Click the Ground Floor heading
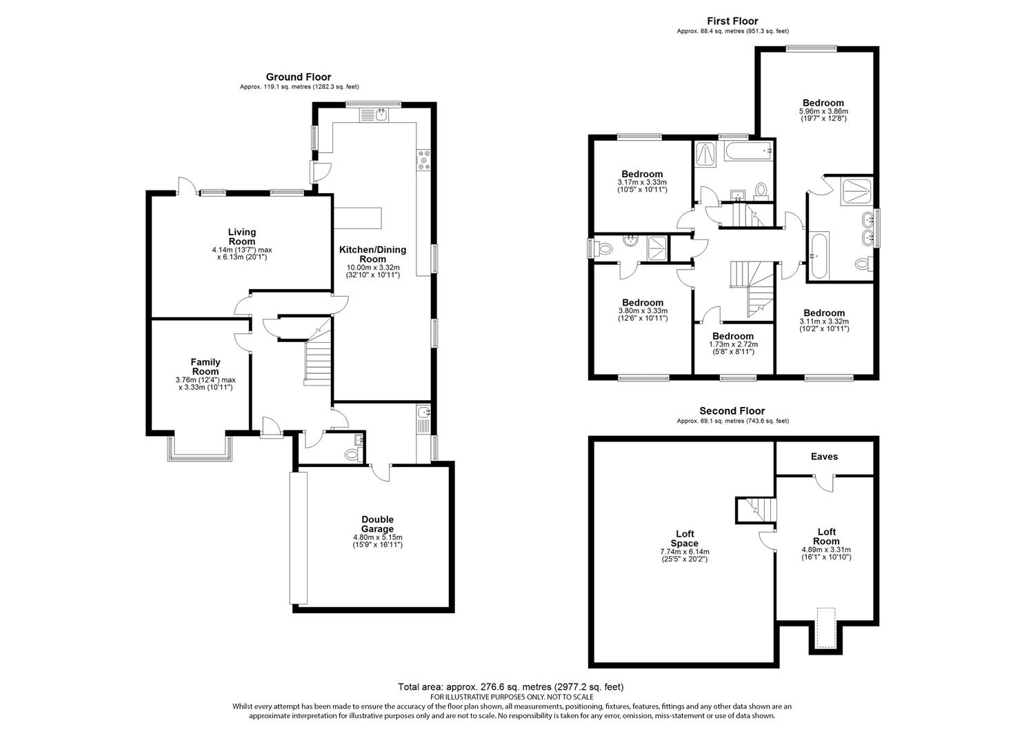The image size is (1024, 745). pos(298,77)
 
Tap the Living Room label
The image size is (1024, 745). pos(242,237)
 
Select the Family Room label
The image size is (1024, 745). pos(205,366)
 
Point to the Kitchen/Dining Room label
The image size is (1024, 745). pos(372,254)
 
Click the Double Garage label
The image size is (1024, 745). pos(377,524)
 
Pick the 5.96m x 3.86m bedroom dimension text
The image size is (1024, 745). pos(823,111)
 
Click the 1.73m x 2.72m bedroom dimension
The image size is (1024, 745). pos(733,344)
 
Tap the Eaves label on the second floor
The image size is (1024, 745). pos(824,457)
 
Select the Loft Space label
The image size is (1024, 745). pos(684,538)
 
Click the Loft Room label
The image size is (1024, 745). pos(827,537)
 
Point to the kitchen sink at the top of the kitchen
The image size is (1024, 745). pos(374,115)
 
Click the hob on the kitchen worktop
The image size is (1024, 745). pos(424,160)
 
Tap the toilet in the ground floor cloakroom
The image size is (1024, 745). pos(353,454)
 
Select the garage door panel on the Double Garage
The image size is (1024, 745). pos(299,538)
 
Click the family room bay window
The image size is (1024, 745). pos(200,448)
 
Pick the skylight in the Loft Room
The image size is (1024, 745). pos(825,628)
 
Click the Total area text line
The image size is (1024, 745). pos(511,686)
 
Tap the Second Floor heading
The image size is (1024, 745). pos(732,410)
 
